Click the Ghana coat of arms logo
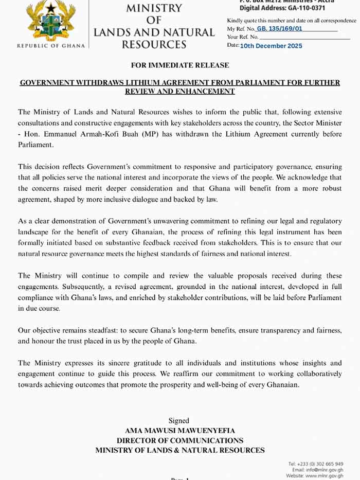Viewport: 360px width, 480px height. [x=50, y=22]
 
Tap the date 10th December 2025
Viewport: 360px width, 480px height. [x=271, y=46]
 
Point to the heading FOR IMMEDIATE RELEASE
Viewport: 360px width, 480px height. [x=179, y=65]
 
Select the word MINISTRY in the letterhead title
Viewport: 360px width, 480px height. [x=154, y=8]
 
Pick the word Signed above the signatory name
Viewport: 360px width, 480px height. [x=179, y=420]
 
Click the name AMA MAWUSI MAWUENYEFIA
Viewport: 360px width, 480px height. [x=179, y=431]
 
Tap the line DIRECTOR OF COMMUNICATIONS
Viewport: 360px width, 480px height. [x=179, y=440]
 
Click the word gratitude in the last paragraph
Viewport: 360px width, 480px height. [x=136, y=363]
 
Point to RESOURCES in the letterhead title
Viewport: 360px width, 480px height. [x=154, y=45]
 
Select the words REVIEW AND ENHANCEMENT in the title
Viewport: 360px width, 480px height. [x=179, y=91]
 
